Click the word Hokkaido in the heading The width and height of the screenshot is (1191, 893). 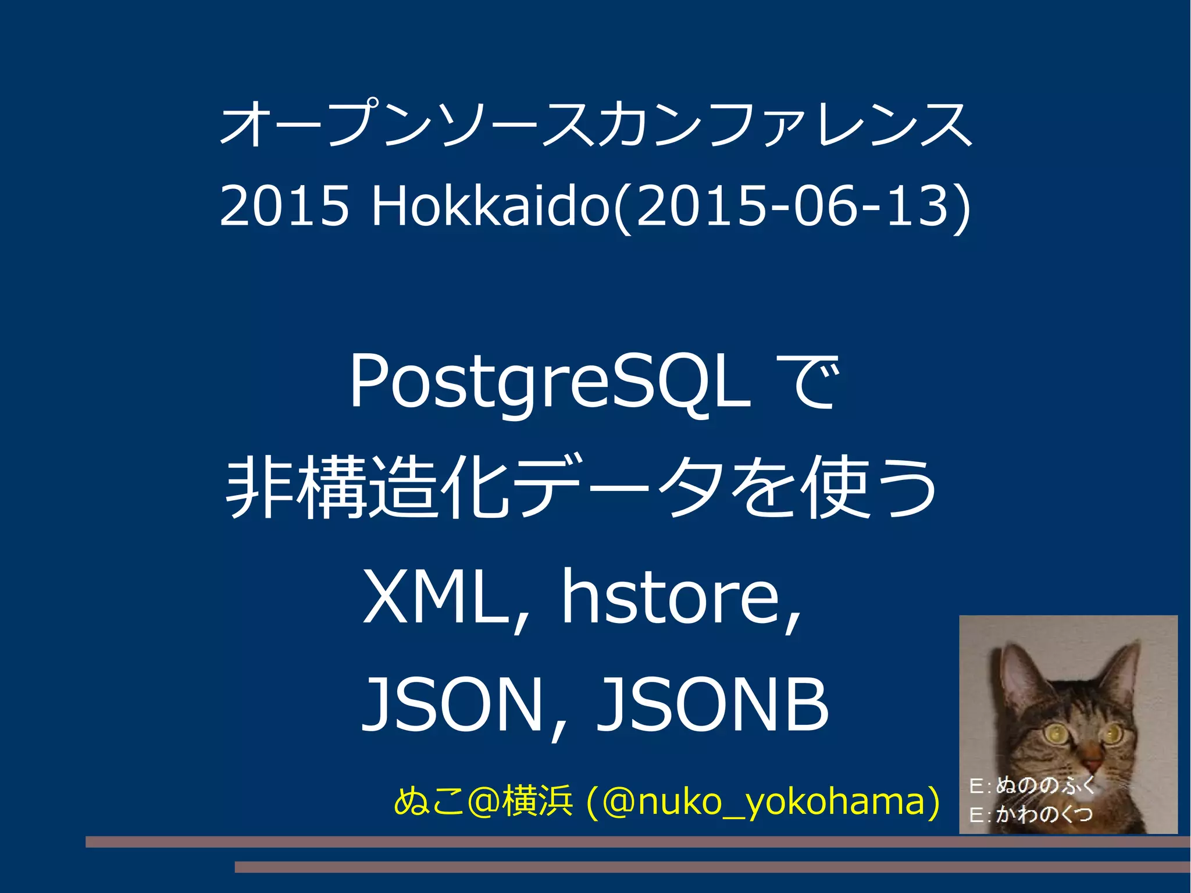(x=491, y=206)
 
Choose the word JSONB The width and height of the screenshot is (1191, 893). (x=713, y=705)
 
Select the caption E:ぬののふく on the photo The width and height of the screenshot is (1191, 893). (x=1032, y=786)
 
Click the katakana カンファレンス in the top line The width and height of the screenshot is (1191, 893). (x=785, y=124)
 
